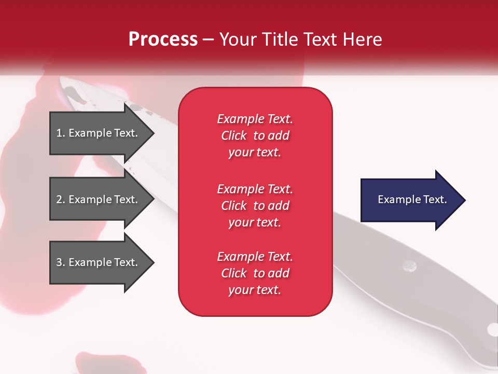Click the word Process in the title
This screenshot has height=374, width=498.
163,39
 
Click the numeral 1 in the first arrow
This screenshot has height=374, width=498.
59,133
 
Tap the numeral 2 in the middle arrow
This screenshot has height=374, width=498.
59,199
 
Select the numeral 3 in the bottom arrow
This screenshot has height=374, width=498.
59,262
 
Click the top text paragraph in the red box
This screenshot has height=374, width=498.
255,136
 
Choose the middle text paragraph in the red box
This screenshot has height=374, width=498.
255,206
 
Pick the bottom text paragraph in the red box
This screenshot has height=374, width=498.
255,273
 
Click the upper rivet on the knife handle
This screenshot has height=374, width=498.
409,266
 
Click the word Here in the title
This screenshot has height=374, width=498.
363,39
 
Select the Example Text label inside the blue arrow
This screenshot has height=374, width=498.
412,199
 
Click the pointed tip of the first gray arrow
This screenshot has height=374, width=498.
153,133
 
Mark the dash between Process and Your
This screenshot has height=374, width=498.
208,39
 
